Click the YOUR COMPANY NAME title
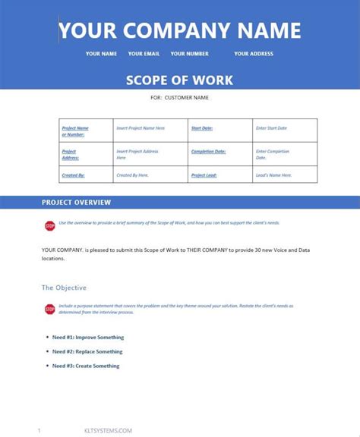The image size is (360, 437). tap(180, 30)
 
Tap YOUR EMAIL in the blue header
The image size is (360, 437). tap(144, 54)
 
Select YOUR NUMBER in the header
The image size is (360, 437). tap(189, 54)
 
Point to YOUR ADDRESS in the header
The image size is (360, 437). tap(254, 54)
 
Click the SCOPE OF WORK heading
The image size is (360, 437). tap(180, 80)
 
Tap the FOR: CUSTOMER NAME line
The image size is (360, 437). tap(180, 98)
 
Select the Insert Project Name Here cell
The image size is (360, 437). tap(141, 128)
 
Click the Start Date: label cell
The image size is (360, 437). tap(202, 128)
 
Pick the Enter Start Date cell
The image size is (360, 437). tap(271, 128)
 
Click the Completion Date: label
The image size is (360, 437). tap(208, 152)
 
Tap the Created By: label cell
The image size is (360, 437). tap(73, 175)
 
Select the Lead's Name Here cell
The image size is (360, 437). tap(273, 175)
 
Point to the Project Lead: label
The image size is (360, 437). tap(204, 175)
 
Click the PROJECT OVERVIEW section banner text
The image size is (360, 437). tap(76, 203)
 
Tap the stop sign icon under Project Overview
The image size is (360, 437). tap(50, 225)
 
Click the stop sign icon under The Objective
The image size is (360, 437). tap(50, 309)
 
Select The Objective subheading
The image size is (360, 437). tap(64, 288)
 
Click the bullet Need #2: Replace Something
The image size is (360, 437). tap(87, 351)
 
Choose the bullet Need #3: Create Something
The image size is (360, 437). tap(86, 366)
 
